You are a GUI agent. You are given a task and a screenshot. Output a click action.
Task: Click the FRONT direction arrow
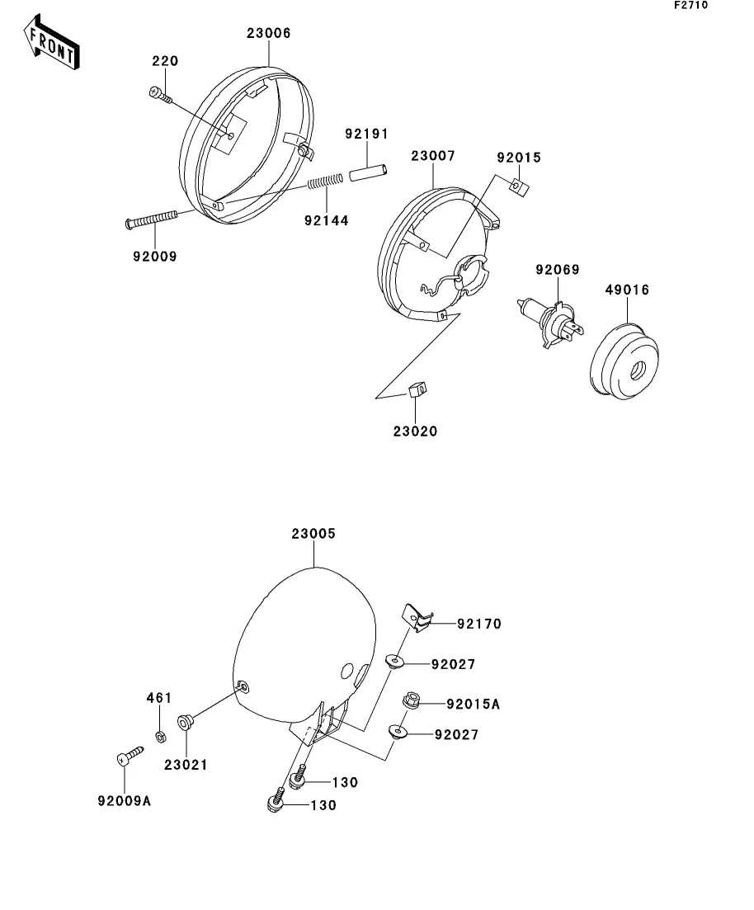pos(51,42)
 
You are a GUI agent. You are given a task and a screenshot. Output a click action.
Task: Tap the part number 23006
pos(269,33)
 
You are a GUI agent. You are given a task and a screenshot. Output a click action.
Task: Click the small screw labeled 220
pos(162,96)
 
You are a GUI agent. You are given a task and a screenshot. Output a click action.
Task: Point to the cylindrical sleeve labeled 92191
pos(368,173)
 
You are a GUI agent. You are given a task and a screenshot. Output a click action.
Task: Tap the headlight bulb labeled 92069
pos(550,322)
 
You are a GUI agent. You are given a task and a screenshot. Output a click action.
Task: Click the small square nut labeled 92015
pos(520,187)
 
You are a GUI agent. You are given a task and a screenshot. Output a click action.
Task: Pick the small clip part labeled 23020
pos(417,389)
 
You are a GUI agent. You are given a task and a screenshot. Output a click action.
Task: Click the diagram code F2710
pos(690,5)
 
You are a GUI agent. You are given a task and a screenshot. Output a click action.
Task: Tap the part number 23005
pos(313,533)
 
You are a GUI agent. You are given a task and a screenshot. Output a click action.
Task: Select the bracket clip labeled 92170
pos(418,617)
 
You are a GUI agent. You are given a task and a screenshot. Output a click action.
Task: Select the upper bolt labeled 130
pos(298,777)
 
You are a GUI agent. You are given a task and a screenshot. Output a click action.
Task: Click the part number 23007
pos(433,156)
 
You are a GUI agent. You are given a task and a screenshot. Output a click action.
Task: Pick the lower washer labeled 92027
pos(397,731)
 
